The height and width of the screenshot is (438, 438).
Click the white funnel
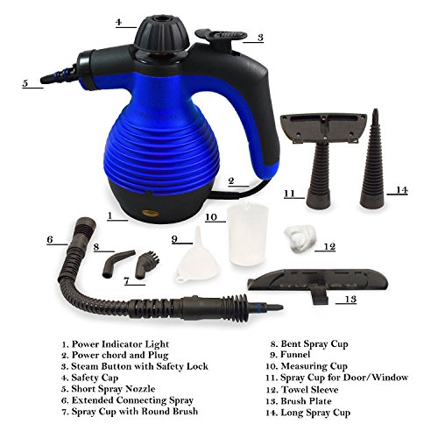(196, 257)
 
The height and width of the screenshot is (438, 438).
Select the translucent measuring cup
(248, 234)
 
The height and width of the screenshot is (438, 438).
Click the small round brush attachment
(146, 265)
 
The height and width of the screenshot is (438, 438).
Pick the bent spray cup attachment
(117, 264)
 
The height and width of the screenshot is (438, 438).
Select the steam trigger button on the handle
(222, 37)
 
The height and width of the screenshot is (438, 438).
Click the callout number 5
(25, 83)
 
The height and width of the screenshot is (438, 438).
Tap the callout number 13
(350, 299)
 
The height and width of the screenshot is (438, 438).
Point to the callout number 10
(211, 217)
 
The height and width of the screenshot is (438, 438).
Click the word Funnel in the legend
(295, 355)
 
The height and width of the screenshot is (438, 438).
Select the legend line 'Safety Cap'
(90, 378)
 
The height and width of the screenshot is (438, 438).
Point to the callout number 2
(231, 181)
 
